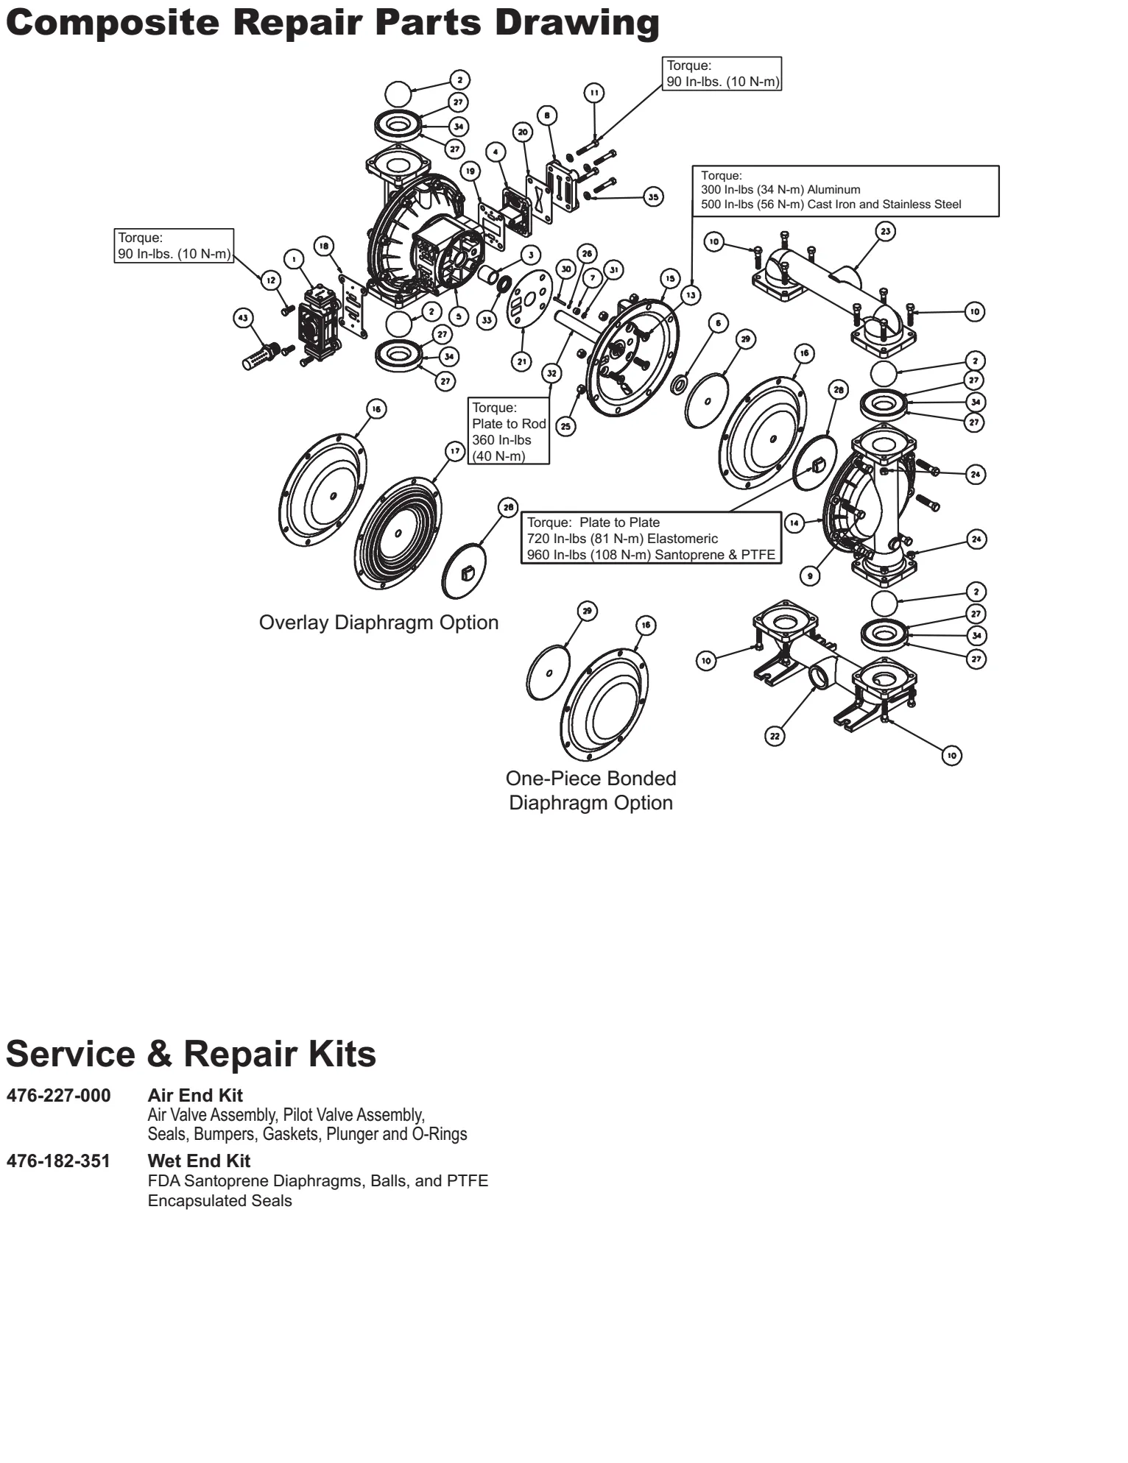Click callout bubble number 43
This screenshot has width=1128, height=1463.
pos(243,318)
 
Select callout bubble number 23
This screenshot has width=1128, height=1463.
pos(886,231)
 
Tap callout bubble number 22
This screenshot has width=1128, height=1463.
pos(775,735)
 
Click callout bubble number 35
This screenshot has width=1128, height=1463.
pos(653,196)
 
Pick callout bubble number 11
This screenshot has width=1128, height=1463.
pos(593,93)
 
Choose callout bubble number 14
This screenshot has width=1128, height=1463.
pos(794,523)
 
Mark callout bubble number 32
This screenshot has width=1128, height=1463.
pos(552,373)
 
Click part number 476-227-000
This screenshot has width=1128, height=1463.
pos(59,1095)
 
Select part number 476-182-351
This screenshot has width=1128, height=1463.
pos(59,1161)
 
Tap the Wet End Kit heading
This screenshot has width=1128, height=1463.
pos(199,1161)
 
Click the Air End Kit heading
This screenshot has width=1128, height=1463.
pos(195,1095)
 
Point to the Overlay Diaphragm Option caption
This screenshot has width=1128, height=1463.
pos(378,623)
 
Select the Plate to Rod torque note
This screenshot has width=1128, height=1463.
pos(509,431)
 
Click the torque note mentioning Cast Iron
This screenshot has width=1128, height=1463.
pos(845,191)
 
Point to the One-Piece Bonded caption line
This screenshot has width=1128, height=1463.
pos(591,779)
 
